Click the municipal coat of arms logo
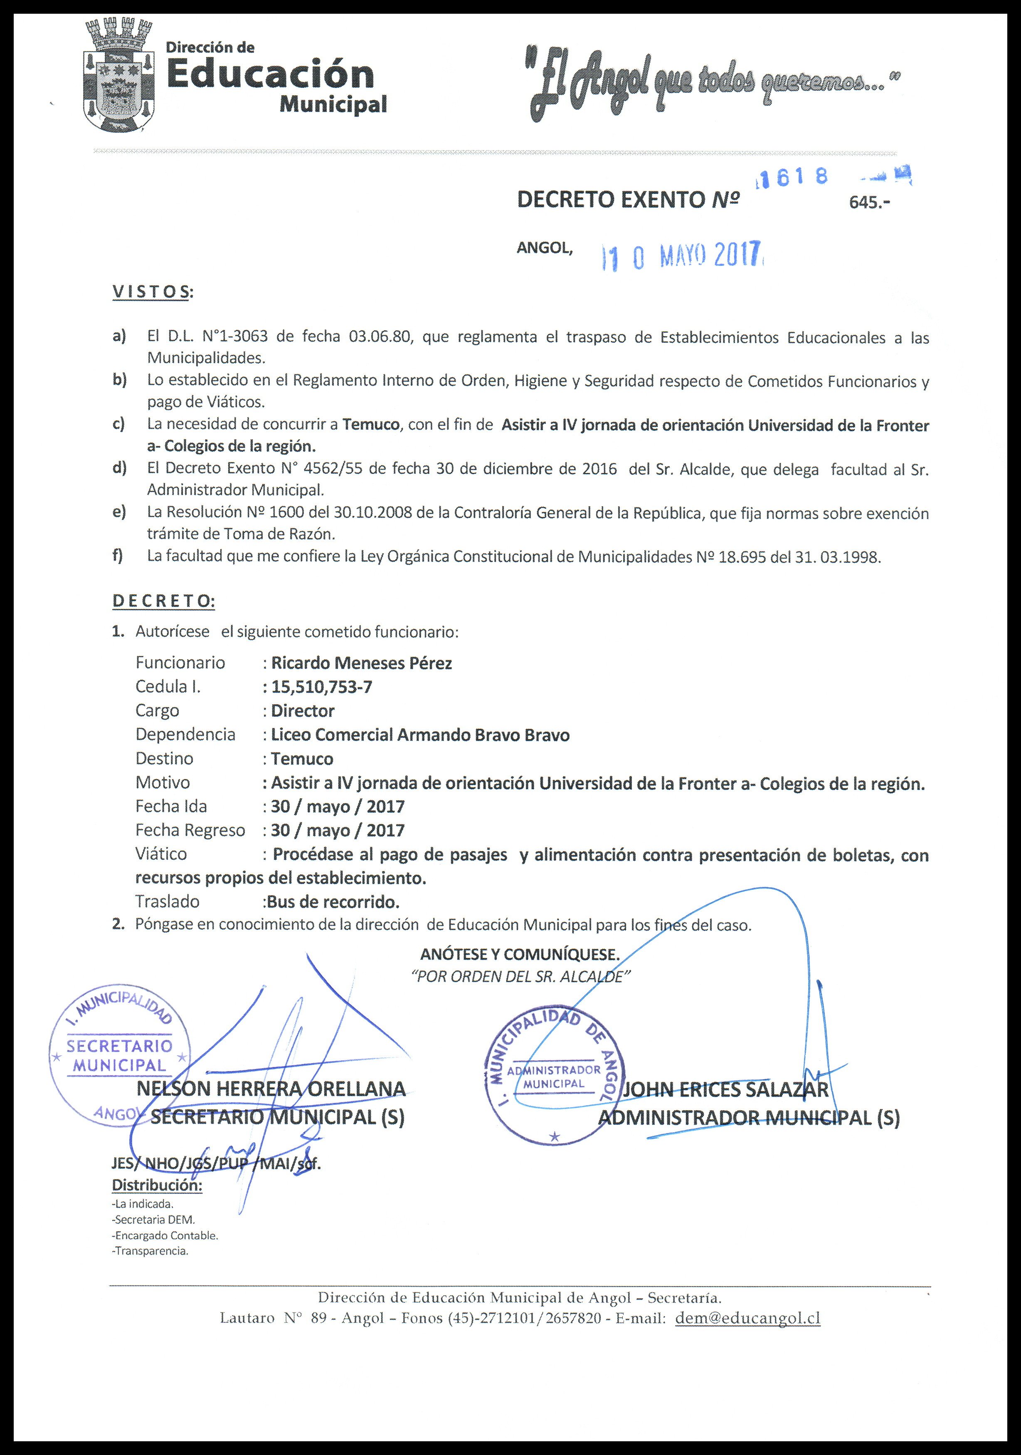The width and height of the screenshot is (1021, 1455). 118,79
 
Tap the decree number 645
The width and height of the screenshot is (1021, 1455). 868,203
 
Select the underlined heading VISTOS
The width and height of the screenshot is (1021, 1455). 153,292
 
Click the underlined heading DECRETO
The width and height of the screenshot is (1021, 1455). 163,601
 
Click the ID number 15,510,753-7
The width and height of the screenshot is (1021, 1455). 322,687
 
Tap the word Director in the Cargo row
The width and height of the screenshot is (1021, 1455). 303,710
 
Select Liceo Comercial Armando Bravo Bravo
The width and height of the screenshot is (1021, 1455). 420,735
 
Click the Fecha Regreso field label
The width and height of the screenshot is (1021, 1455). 190,830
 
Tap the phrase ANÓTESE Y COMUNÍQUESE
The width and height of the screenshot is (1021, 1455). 519,954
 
